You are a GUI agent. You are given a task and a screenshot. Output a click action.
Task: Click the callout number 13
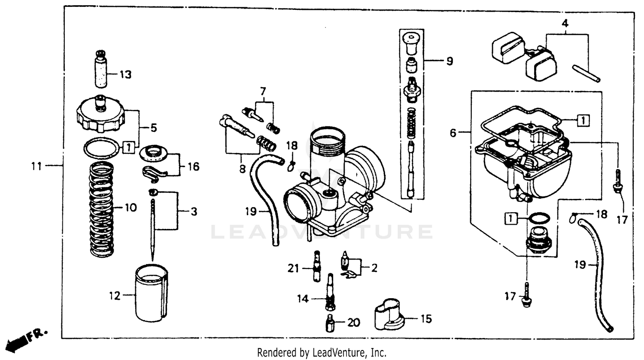pos(125,75)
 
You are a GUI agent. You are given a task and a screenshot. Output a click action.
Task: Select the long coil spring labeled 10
pos(102,209)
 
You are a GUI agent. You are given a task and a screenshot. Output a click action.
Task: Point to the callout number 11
pos(37,165)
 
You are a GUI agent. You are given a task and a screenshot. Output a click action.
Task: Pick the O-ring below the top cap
pos(101,148)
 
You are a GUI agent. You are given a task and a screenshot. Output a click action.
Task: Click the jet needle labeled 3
pos(153,228)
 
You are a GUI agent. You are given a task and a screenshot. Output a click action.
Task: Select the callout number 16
pos(194,166)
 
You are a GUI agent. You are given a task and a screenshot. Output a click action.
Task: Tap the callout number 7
pos(263,91)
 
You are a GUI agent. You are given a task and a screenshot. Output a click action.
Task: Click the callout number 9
pos(449,61)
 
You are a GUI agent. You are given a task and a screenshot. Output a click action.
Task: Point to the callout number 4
pos(565,24)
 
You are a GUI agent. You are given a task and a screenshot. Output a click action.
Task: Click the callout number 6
pos(453,133)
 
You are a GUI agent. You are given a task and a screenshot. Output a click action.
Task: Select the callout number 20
pos(353,322)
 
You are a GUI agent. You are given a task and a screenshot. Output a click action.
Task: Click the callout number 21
pos(293,268)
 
